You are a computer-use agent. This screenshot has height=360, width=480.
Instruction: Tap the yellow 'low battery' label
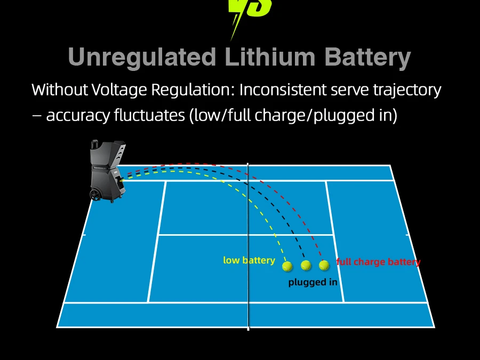pos(249,260)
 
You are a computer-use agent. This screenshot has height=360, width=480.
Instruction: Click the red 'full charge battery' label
pos(378,262)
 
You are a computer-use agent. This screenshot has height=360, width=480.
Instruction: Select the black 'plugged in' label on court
pos(313,282)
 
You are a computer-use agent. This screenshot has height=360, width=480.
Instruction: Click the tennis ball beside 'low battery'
pos(287,265)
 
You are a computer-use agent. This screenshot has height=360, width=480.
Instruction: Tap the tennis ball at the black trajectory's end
pos(306,265)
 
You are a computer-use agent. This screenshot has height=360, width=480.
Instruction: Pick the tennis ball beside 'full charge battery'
pos(324,265)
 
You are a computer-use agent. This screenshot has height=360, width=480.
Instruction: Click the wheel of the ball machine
pos(97,195)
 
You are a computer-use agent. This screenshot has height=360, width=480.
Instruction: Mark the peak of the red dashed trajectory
pos(187,164)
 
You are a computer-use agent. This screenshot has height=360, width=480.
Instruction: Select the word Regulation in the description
pos(189,90)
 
